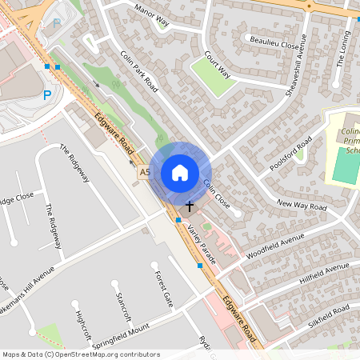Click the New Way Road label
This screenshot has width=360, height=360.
point(302,206)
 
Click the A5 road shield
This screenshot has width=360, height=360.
point(145,172)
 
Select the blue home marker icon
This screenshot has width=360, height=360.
point(180,173)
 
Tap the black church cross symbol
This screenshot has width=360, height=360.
point(190,206)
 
